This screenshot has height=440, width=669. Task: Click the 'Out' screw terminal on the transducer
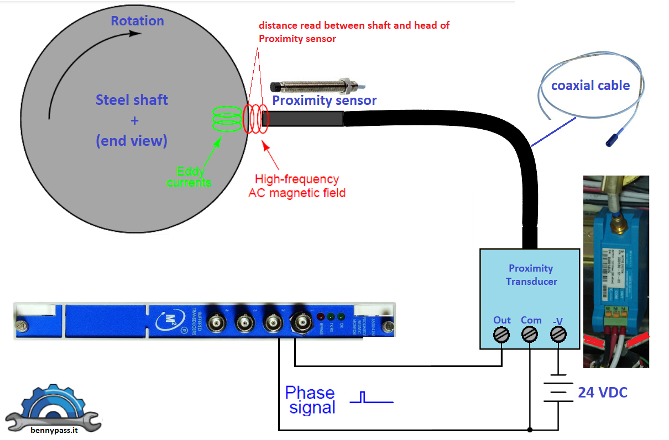pos(501,335)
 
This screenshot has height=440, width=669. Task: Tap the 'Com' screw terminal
pos(530,335)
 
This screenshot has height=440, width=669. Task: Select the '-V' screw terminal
pos(558,335)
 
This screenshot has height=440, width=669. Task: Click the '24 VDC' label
pos(603,393)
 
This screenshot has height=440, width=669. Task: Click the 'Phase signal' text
pos(310,400)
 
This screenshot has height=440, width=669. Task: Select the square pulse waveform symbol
pos(371,397)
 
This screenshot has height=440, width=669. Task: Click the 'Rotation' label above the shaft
pos(137,21)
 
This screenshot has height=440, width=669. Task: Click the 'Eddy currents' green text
pos(189,177)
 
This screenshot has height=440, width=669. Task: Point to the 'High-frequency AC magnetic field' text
pos(297,186)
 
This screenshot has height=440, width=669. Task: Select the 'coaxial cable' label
pos(590,86)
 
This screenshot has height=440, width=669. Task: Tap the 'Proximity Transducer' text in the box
pos(531,274)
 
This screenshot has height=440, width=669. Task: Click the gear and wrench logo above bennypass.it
pos(53,406)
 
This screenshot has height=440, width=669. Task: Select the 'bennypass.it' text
pos(54,430)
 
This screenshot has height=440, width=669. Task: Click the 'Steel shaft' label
pos(132,100)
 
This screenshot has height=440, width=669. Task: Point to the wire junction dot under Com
pos(530,429)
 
